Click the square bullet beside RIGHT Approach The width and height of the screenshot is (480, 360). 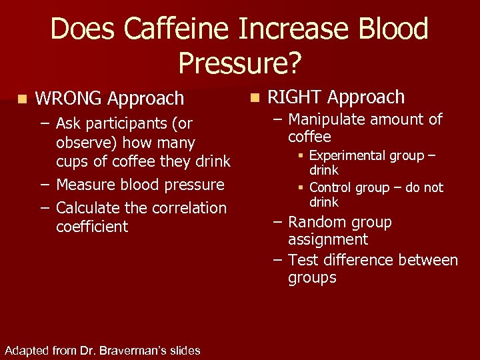[254, 97]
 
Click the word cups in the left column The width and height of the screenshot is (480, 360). [73, 161]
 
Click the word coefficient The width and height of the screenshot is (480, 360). [91, 227]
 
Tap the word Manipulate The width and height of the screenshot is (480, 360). [327, 120]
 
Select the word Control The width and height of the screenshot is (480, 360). [333, 188]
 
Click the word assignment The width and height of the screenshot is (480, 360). [328, 240]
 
